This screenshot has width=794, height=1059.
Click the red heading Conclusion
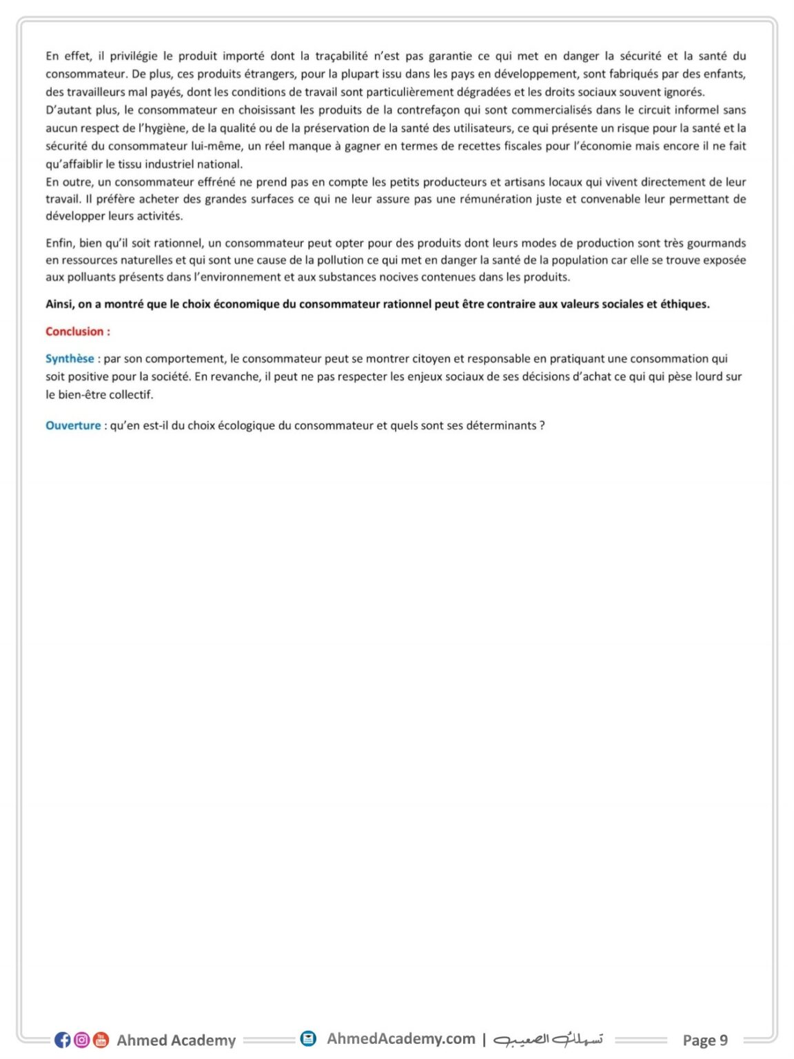(77, 332)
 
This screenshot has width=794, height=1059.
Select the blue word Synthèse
(70, 359)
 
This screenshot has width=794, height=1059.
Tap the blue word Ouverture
(73, 425)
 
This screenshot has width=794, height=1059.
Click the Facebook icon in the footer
(63, 1040)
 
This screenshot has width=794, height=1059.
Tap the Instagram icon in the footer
(82, 1040)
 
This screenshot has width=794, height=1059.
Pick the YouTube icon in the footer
(101, 1040)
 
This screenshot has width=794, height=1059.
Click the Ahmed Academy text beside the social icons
(176, 1040)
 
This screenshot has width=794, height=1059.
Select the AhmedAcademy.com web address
(400, 1038)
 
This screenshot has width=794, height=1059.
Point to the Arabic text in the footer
(549, 1039)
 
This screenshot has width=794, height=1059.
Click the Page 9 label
(704, 1040)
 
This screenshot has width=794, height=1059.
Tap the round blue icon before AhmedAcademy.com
(308, 1038)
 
